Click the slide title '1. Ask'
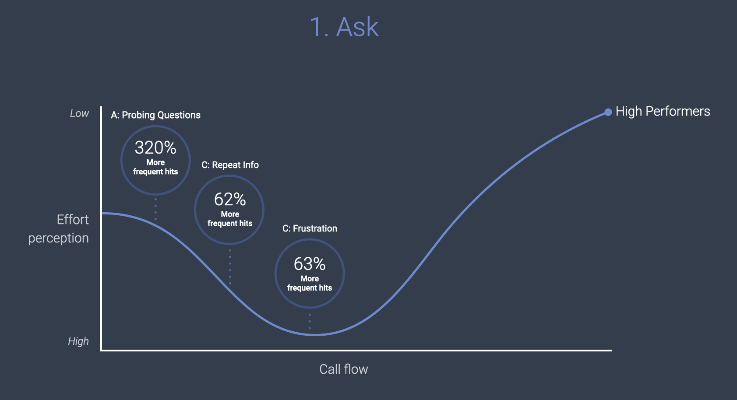pyautogui.click(x=344, y=27)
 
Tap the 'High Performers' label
pyautogui.click(x=663, y=112)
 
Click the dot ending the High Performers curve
pyautogui.click(x=608, y=112)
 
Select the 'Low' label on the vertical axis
pyautogui.click(x=79, y=114)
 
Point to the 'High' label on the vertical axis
pyautogui.click(x=78, y=341)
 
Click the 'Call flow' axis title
pyautogui.click(x=344, y=369)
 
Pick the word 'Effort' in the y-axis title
pyautogui.click(x=73, y=220)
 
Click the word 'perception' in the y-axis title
pyautogui.click(x=58, y=238)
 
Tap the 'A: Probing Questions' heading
pyautogui.click(x=155, y=115)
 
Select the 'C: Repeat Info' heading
pyautogui.click(x=230, y=165)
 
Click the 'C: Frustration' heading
pyautogui.click(x=310, y=228)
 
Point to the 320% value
pyautogui.click(x=155, y=148)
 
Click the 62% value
pyautogui.click(x=230, y=200)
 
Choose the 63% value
pyautogui.click(x=310, y=264)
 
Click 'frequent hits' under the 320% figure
pyautogui.click(x=155, y=172)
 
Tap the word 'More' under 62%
pyautogui.click(x=230, y=214)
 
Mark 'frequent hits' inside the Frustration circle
pyautogui.click(x=310, y=288)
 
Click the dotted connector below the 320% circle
pyautogui.click(x=155, y=209)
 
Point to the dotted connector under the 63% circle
pyautogui.click(x=310, y=321)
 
